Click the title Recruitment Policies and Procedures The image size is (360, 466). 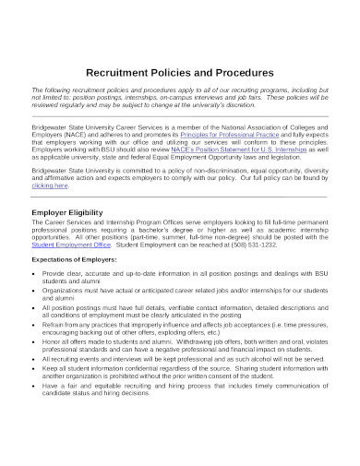[180, 72]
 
